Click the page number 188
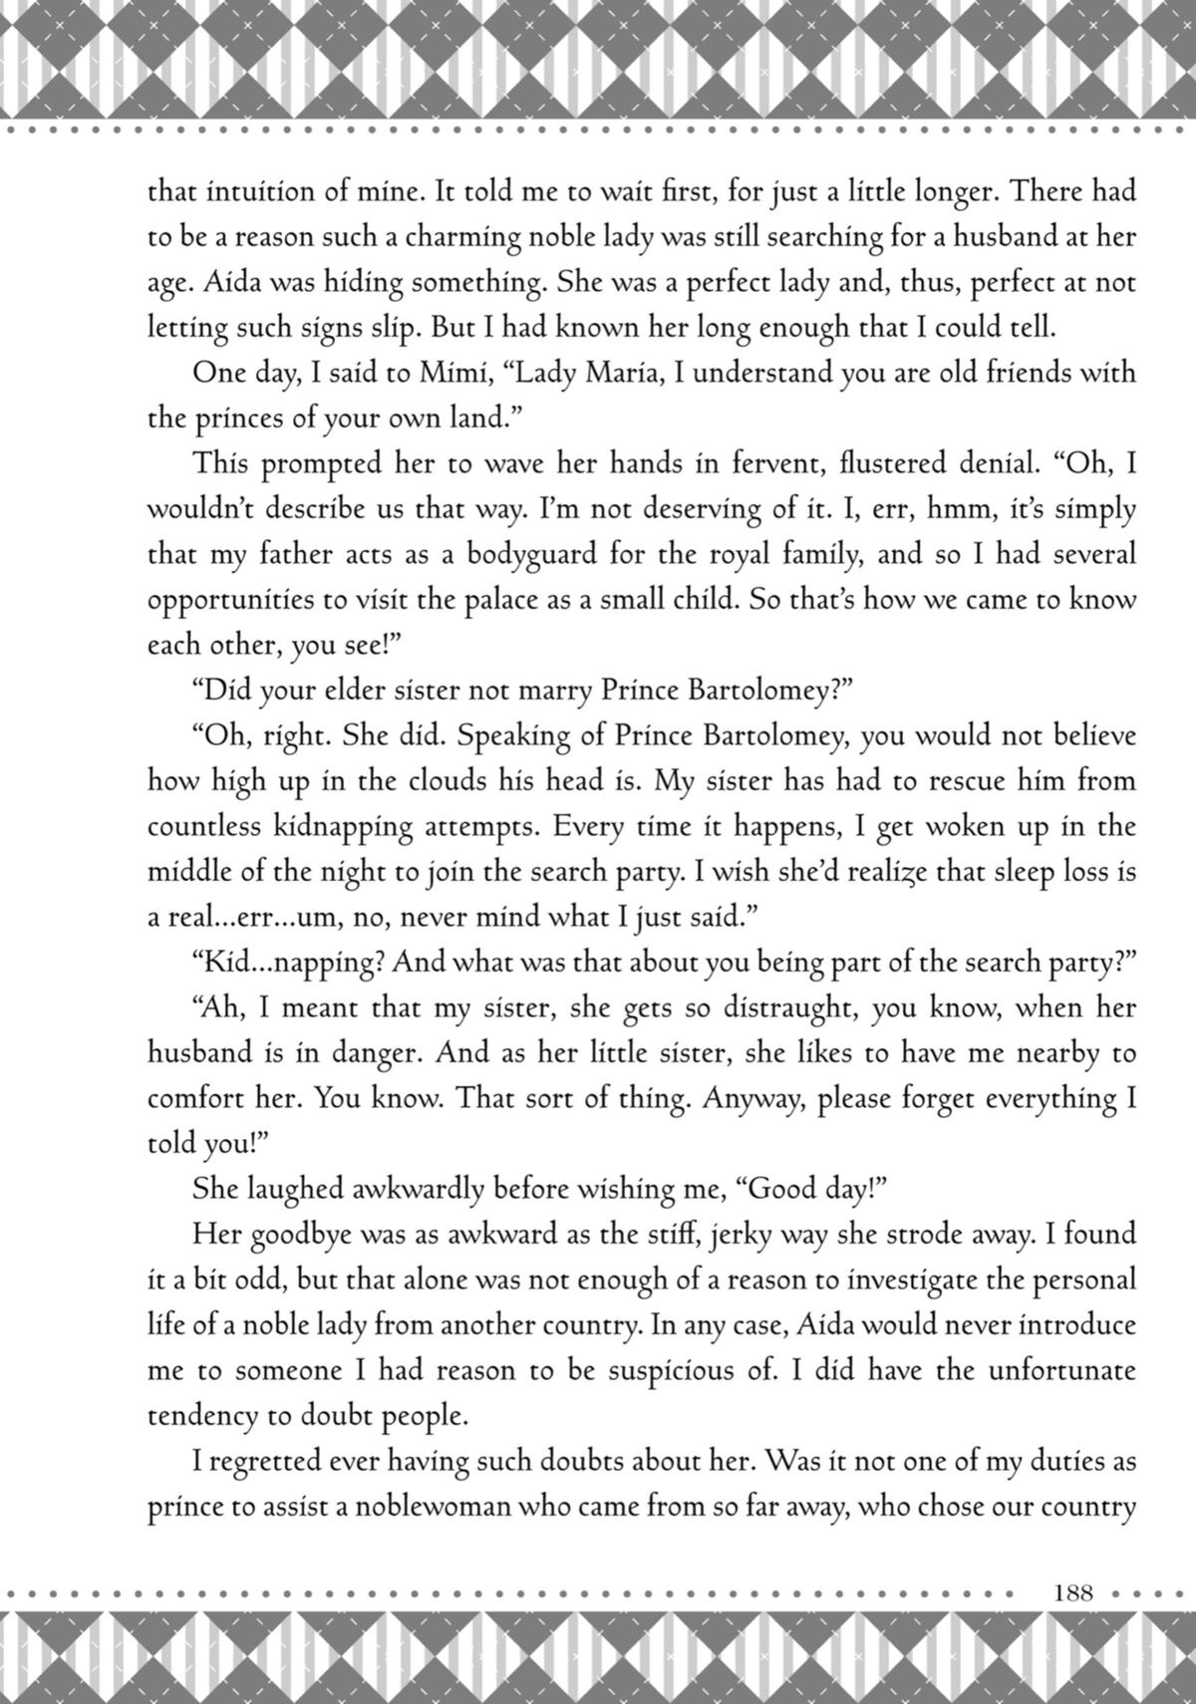pyautogui.click(x=1072, y=1591)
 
